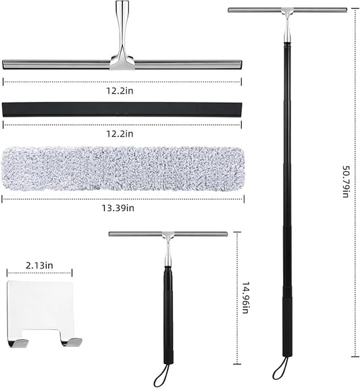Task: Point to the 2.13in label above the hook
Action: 39,266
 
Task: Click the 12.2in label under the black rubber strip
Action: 121,134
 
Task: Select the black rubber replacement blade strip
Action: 122,111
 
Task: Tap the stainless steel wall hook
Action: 40,311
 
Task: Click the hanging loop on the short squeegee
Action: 161,370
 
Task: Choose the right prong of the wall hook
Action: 68,341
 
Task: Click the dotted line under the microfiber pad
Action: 122,199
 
